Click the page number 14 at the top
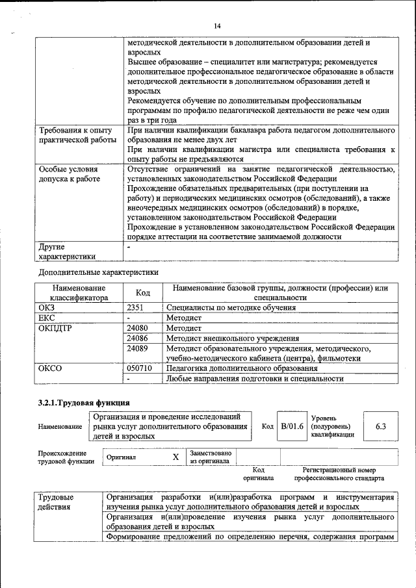click(216, 25)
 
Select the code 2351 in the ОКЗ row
click(136, 307)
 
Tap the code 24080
click(137, 328)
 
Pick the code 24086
click(137, 338)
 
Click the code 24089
click(137, 348)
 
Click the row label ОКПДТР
click(56, 328)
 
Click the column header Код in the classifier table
click(142, 293)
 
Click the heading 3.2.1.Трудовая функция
click(84, 402)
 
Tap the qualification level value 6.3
click(380, 426)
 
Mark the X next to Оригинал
click(175, 457)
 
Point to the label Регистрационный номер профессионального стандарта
click(339, 474)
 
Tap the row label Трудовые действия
click(57, 501)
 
